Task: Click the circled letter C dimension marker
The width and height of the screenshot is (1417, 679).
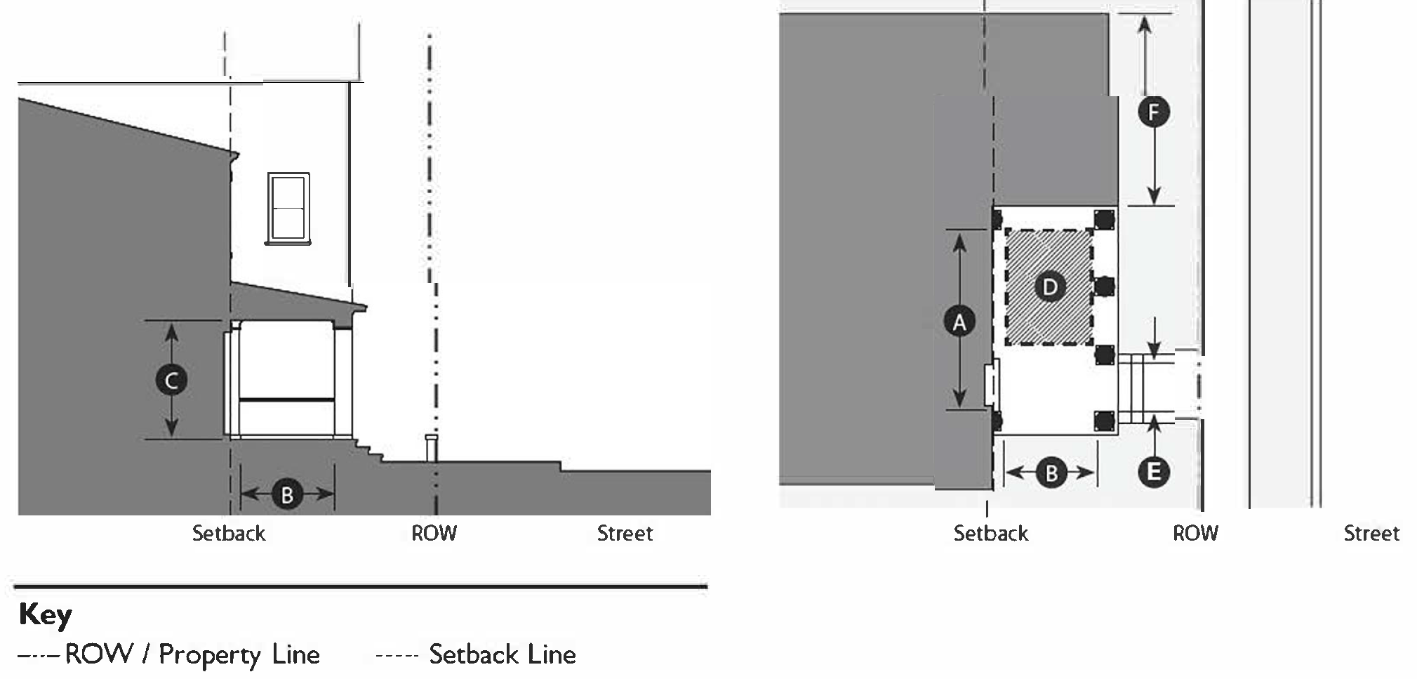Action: coord(171,380)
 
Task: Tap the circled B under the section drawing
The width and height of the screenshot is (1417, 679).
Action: coord(287,494)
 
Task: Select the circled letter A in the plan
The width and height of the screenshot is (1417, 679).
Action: coord(959,322)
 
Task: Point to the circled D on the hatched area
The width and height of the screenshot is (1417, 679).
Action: coord(1050,286)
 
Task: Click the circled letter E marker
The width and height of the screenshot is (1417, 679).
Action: coord(1153,472)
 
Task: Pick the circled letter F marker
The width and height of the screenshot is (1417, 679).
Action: coord(1154,112)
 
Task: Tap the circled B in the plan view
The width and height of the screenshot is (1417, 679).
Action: coord(1051,473)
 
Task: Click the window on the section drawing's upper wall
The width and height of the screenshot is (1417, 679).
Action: coord(288,209)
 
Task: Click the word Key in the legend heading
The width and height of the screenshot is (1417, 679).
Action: coord(45,614)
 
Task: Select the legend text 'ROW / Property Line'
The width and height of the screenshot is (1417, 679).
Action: coord(192,654)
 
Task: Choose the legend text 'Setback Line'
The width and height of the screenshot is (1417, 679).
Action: coord(503,654)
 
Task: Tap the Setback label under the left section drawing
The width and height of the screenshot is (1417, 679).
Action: coord(229,534)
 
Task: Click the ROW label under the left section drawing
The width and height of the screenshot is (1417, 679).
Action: coord(434,534)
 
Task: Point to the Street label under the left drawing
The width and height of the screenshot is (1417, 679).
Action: coord(625,534)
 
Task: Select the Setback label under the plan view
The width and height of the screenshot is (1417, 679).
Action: coord(990,534)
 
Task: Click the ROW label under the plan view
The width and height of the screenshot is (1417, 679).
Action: coord(1195,534)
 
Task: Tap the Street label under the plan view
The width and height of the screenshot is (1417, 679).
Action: coord(1371,534)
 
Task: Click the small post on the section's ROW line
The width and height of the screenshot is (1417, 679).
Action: coord(432,447)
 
